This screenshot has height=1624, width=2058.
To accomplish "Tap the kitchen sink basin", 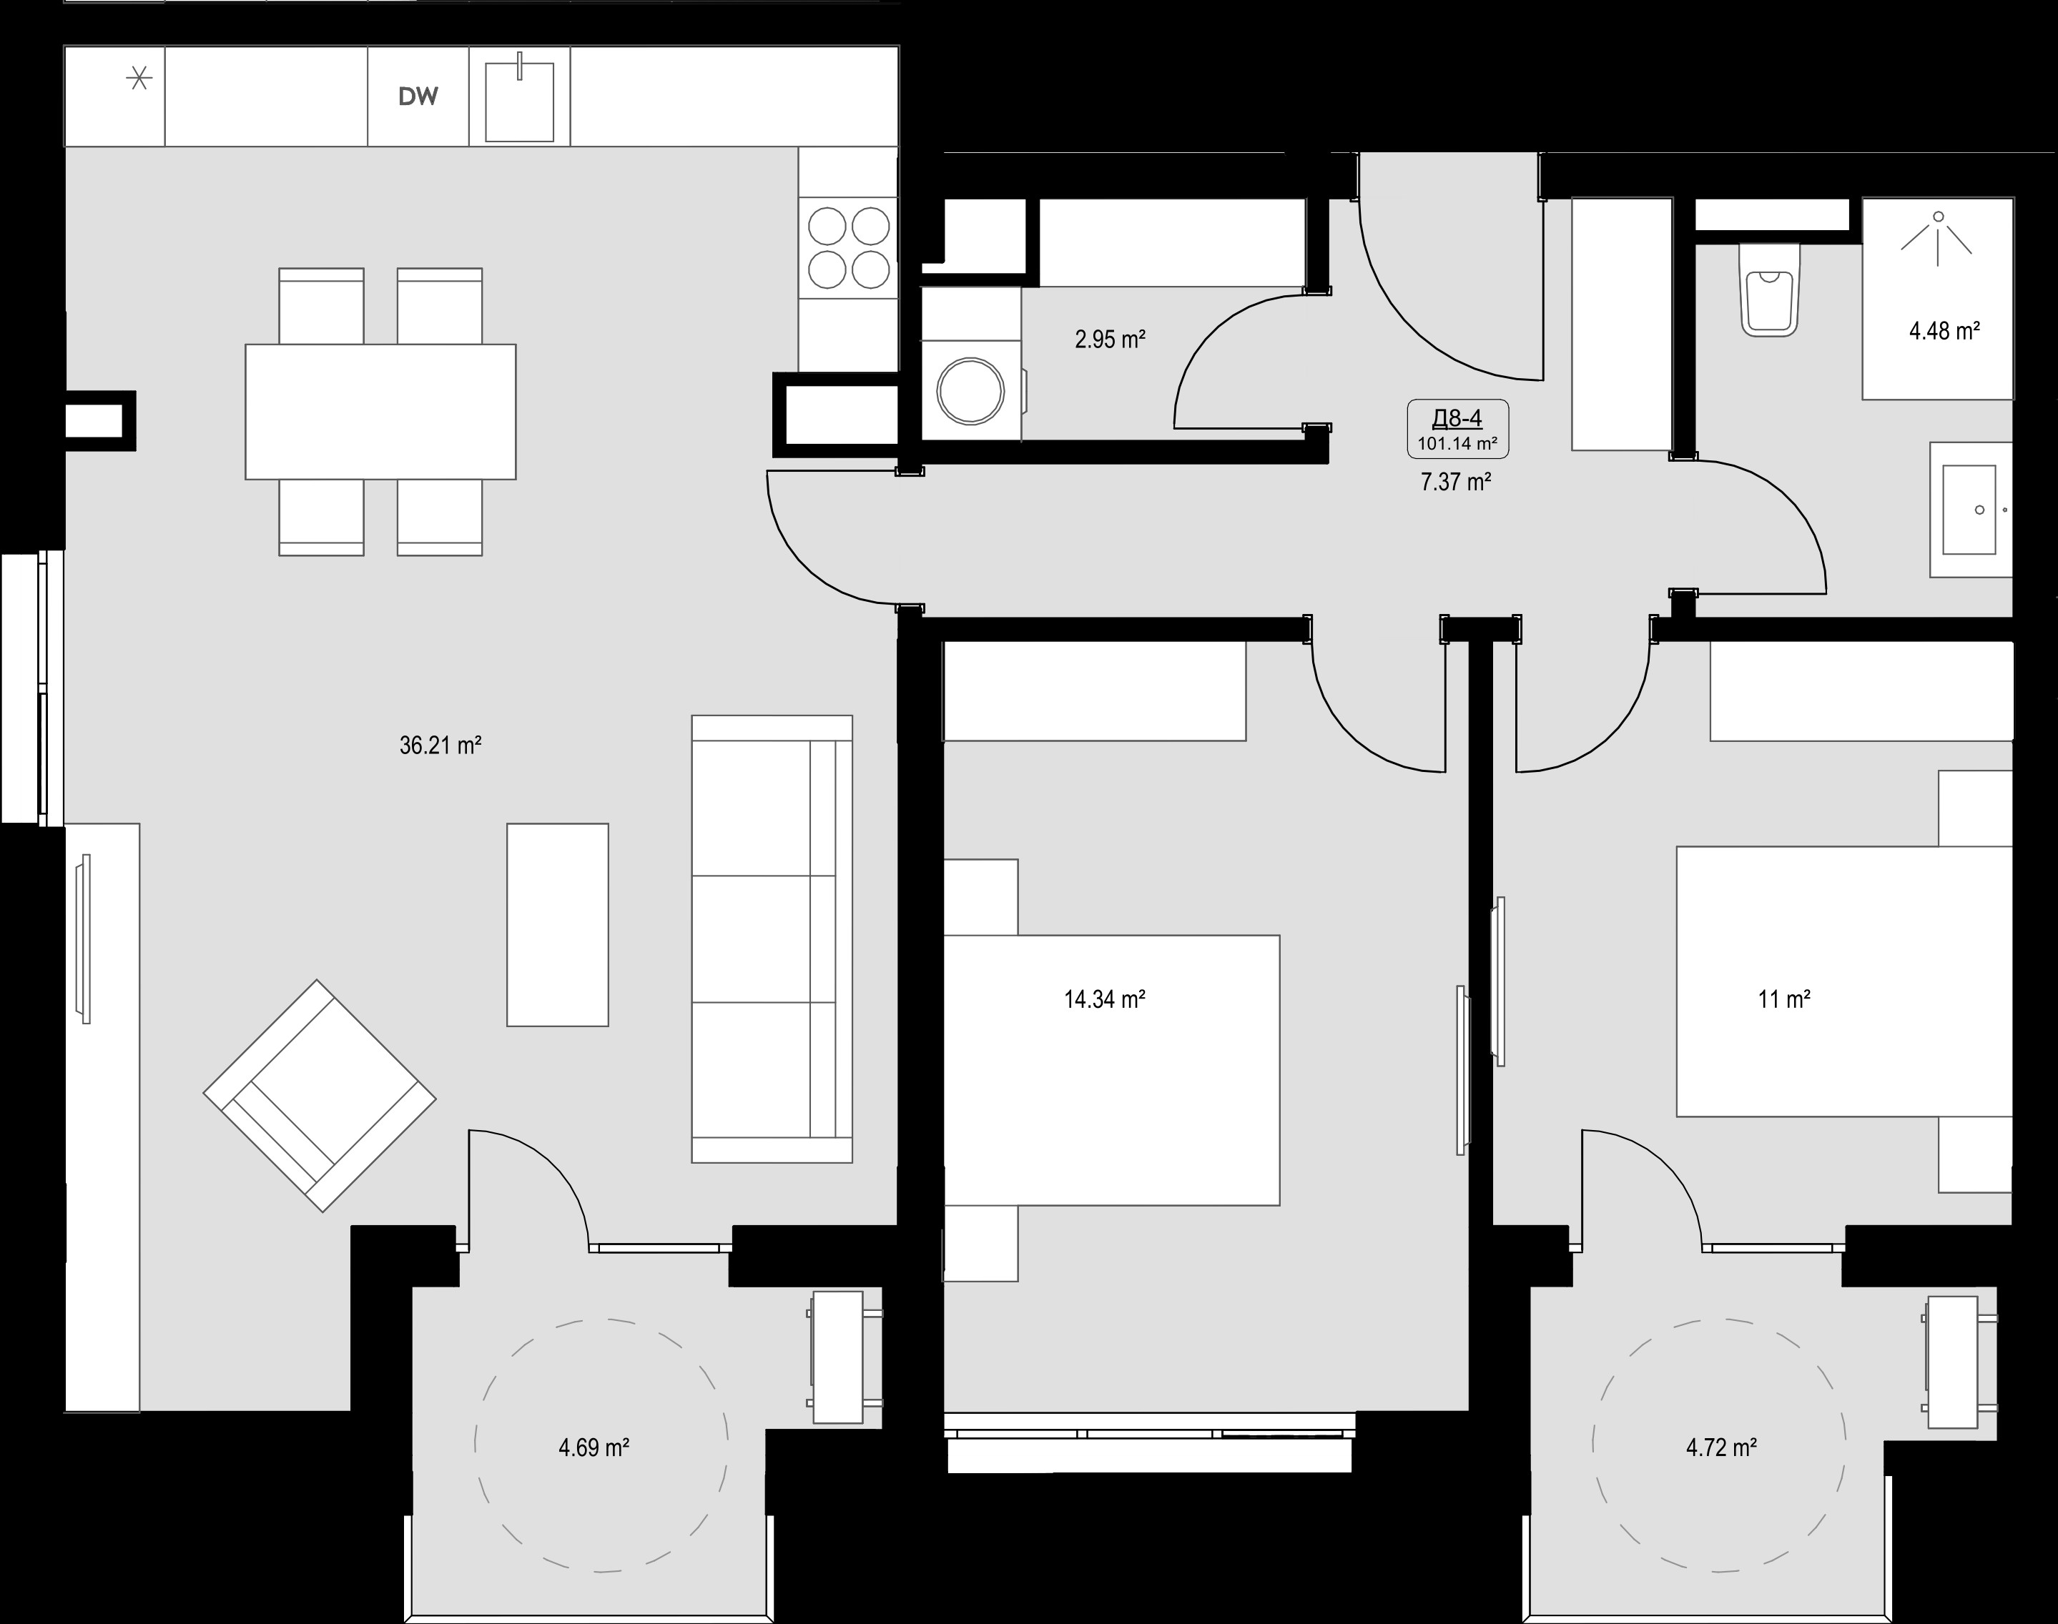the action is point(519,101).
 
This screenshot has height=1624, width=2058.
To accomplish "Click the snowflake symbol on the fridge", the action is point(140,77).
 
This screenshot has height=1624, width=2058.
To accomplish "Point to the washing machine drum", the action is point(971,391).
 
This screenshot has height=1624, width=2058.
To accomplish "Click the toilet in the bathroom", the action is point(1769,290).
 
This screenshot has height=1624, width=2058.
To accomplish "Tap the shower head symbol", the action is point(1937,233).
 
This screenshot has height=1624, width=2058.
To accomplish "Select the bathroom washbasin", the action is point(1971,509).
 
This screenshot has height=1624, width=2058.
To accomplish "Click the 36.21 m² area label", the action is point(440,746).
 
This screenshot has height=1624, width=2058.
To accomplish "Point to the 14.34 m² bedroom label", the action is point(1104,999).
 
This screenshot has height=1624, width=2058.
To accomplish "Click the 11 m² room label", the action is point(1784,999).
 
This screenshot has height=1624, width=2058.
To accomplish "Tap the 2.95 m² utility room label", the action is point(1110,339).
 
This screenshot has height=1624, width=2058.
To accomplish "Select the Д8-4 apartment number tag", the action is point(1457,417).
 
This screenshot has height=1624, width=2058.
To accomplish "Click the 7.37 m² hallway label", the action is point(1455,482).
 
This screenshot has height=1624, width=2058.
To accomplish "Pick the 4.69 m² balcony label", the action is point(594,1447).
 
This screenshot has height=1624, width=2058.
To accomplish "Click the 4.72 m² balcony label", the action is point(1721,1447).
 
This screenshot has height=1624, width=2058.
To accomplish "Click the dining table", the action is point(380,412).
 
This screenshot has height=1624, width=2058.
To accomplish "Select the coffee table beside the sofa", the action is point(557,925).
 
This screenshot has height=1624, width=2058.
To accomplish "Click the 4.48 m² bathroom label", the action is point(1945,331).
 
